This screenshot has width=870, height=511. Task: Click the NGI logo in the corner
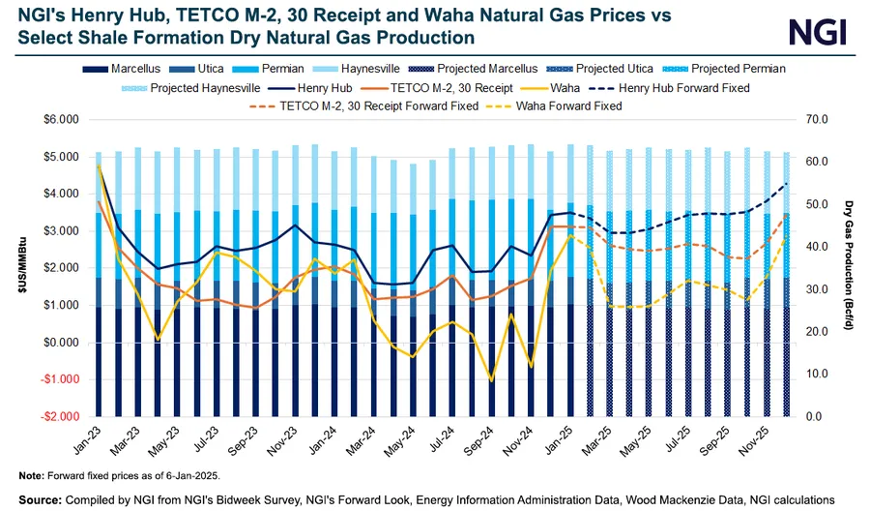818,32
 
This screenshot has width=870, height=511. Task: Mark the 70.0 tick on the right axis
815,119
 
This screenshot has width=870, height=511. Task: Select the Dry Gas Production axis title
848,268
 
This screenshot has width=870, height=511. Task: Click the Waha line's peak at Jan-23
100,165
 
